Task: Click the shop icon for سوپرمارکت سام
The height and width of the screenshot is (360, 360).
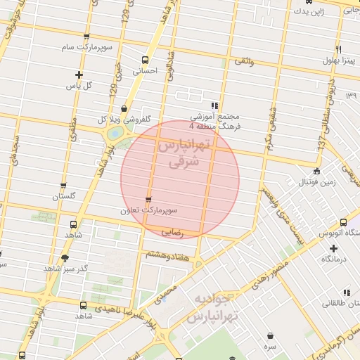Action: (x=86, y=37)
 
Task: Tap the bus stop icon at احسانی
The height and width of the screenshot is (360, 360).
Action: (x=146, y=60)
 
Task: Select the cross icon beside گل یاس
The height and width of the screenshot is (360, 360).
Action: (x=79, y=75)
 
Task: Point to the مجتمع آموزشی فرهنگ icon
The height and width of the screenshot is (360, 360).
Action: (x=214, y=105)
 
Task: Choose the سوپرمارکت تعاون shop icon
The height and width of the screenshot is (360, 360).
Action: (x=148, y=200)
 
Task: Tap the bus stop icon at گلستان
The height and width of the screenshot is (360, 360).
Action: (x=63, y=186)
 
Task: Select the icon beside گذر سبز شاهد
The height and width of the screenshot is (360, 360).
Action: (x=65, y=258)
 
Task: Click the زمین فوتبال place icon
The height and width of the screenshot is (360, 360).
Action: (x=317, y=170)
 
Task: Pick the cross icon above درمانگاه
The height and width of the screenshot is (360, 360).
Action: (x=333, y=247)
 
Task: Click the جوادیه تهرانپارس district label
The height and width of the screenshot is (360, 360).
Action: (x=214, y=307)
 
